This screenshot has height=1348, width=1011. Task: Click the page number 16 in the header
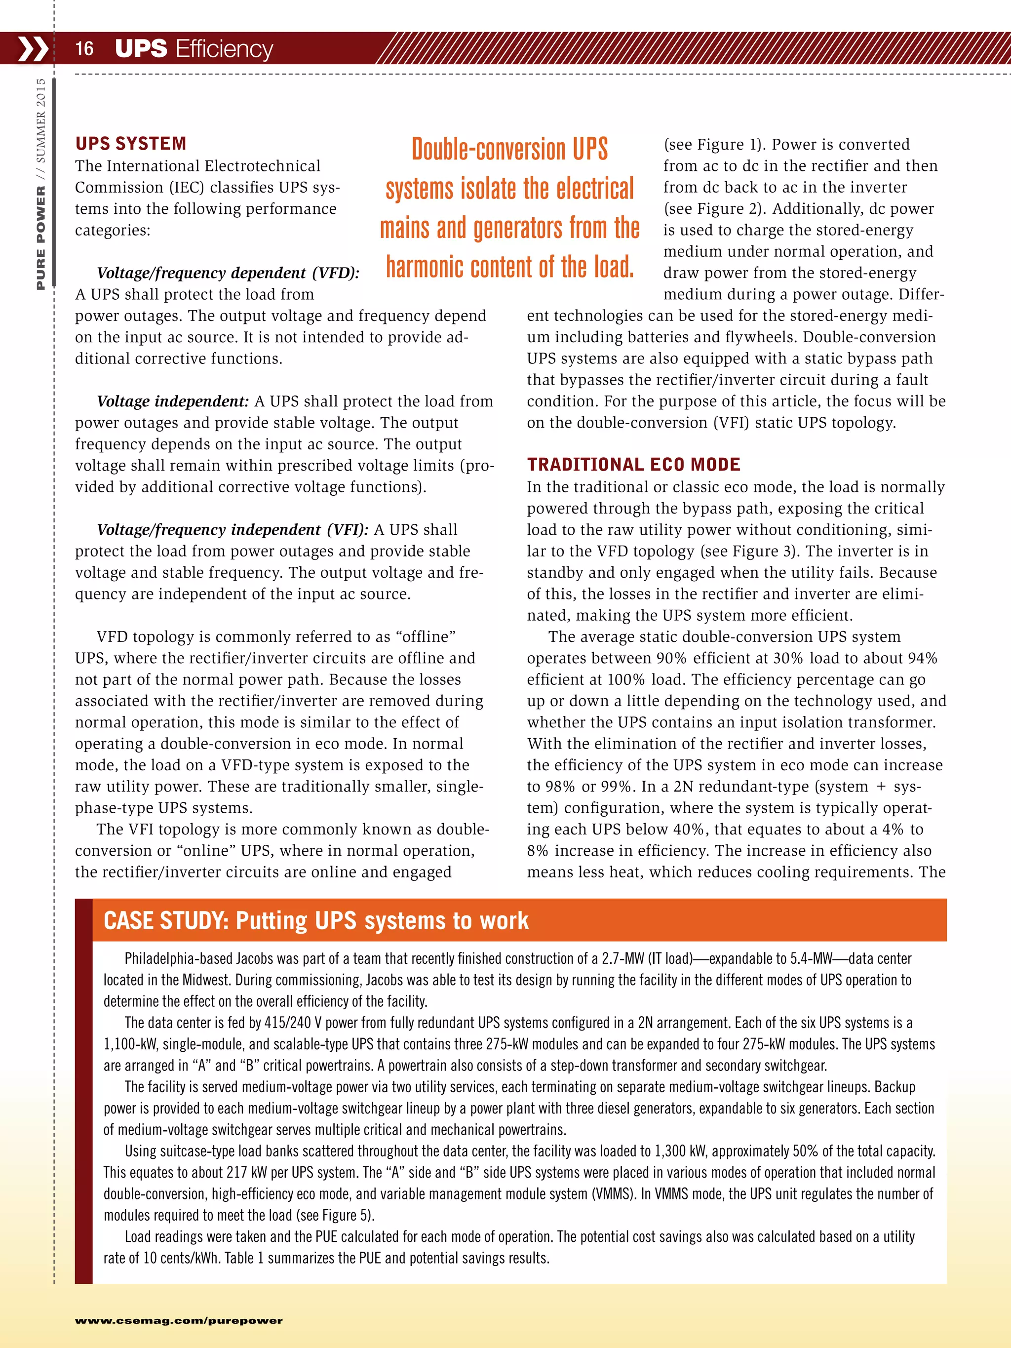(84, 49)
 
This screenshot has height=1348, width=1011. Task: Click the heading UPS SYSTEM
(130, 144)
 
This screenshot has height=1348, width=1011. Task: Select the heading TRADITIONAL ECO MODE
(633, 464)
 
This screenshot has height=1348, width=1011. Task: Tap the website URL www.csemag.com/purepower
(179, 1320)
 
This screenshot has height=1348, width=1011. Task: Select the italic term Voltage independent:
(172, 401)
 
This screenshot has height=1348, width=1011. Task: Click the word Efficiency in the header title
(224, 49)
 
